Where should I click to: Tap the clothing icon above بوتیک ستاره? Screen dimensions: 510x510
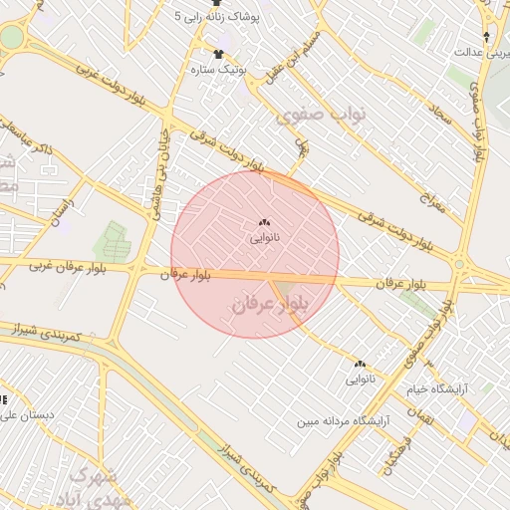pyautogui.click(x=218, y=53)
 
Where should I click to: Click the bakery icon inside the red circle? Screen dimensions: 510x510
pyautogui.click(x=264, y=223)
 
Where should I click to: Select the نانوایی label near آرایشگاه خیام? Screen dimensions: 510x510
pyautogui.click(x=361, y=380)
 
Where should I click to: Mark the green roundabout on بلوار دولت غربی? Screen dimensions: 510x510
pyautogui.click(x=10, y=38)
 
